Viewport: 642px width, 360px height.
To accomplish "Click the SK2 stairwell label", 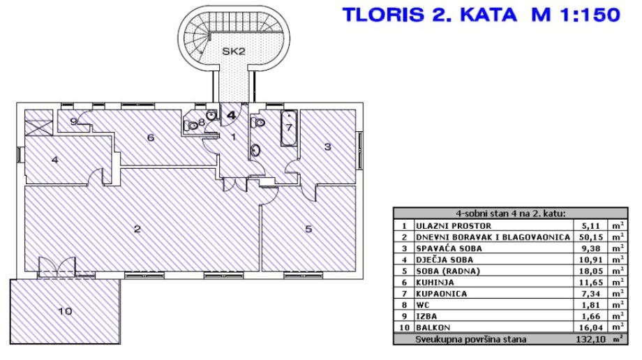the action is [x=233, y=51].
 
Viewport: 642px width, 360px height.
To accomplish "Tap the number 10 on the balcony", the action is [x=65, y=311].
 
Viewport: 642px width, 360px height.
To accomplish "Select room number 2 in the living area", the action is [x=137, y=229].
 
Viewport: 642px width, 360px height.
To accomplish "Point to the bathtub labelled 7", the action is [x=289, y=128].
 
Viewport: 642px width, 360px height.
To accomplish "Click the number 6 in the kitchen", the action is [x=151, y=137].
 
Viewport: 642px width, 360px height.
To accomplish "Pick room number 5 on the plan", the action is [x=308, y=229].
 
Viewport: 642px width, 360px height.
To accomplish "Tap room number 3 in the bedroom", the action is [x=327, y=147].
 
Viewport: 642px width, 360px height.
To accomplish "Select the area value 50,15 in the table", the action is [x=591, y=237].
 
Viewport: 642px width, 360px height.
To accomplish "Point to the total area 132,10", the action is [x=590, y=339].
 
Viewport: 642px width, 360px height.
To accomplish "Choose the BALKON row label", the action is [x=433, y=328].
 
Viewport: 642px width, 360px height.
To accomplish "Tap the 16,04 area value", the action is [x=591, y=328].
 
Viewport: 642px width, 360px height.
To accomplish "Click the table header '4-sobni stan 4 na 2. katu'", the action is [x=511, y=213].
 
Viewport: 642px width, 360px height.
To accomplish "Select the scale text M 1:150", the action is [x=576, y=15].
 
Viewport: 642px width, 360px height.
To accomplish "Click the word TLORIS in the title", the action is [x=383, y=15].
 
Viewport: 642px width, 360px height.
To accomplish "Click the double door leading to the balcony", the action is [x=57, y=267].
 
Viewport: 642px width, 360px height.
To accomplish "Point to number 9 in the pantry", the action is [x=73, y=121].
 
